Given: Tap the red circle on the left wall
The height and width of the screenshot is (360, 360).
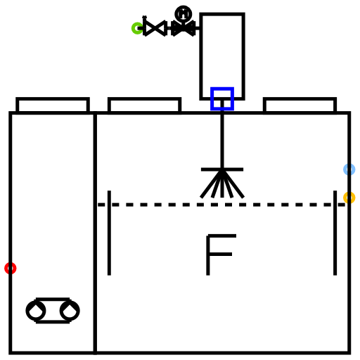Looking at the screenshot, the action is coord(11,264).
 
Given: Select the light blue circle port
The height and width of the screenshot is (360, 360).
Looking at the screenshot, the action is coord(349,165).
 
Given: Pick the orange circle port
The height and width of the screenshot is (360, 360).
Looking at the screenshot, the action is coord(349,193).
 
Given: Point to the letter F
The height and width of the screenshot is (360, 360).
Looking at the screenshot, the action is coord(208,255).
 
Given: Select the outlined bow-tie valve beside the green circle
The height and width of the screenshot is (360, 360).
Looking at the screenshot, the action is coord(155,28).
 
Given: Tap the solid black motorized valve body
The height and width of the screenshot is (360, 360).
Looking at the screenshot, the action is coord(184,28).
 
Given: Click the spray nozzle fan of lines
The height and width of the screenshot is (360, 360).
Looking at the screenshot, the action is coord(222,183).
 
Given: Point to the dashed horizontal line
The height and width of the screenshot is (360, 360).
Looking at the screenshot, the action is coord(221,205).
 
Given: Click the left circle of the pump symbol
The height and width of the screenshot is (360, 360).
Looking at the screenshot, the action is coord(36,311).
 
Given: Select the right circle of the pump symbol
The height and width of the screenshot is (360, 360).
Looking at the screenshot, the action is coord(70,311).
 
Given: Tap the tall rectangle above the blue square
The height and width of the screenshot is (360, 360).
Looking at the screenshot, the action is coord(201,56).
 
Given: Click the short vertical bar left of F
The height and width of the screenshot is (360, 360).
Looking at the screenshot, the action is coord(109,233).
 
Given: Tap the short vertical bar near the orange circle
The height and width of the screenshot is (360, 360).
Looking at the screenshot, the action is coord(335,233).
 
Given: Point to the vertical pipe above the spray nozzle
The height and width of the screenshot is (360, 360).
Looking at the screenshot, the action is coord(222,139).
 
